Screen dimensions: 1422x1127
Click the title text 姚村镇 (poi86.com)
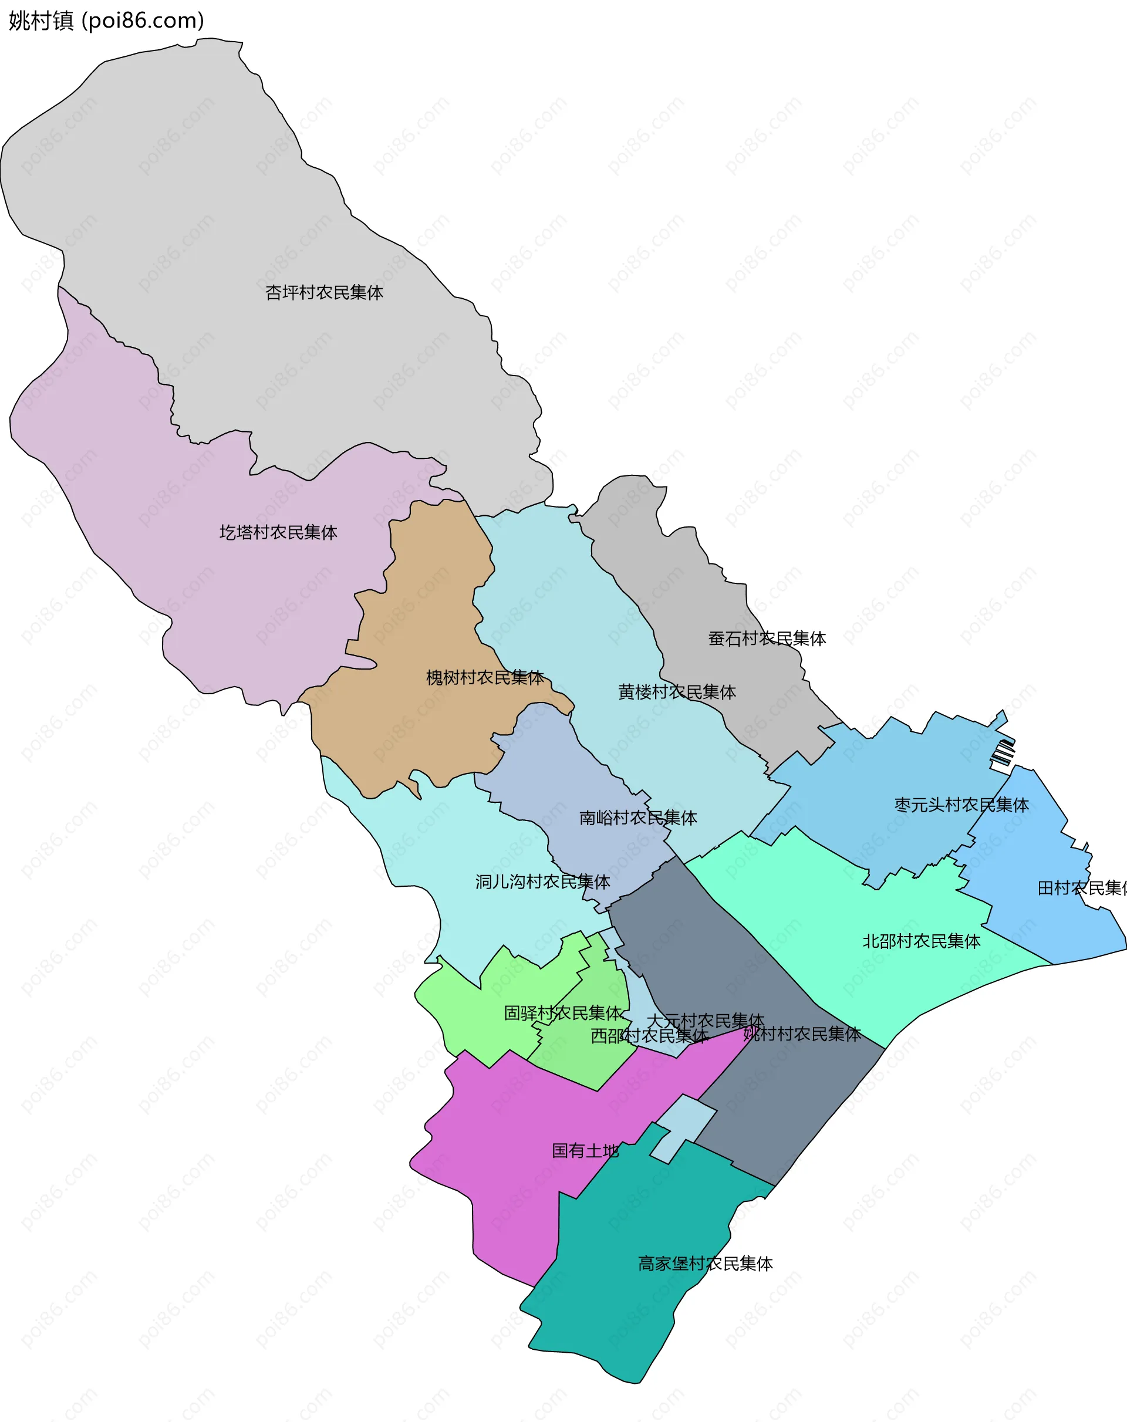(x=106, y=21)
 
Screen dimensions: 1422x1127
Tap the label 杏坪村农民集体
(x=324, y=292)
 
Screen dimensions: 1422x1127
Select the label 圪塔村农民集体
(x=278, y=532)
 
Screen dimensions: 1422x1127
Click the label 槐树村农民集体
(x=484, y=677)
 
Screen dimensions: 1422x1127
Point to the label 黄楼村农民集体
(x=676, y=692)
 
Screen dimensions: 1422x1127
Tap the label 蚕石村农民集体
(x=767, y=639)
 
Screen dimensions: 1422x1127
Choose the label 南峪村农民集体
(x=637, y=818)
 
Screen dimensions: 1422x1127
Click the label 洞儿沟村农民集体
(x=542, y=882)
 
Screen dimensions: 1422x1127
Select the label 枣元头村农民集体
(x=961, y=805)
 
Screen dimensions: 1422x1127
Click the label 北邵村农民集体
(x=921, y=941)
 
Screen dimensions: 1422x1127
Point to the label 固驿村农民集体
(x=562, y=1012)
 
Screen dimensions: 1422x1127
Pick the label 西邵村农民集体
(x=649, y=1036)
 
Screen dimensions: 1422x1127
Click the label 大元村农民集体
(x=705, y=1021)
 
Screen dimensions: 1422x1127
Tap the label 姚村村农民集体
(x=802, y=1034)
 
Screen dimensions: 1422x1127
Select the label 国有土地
(x=585, y=1151)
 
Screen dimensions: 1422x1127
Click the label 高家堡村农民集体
(x=705, y=1264)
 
